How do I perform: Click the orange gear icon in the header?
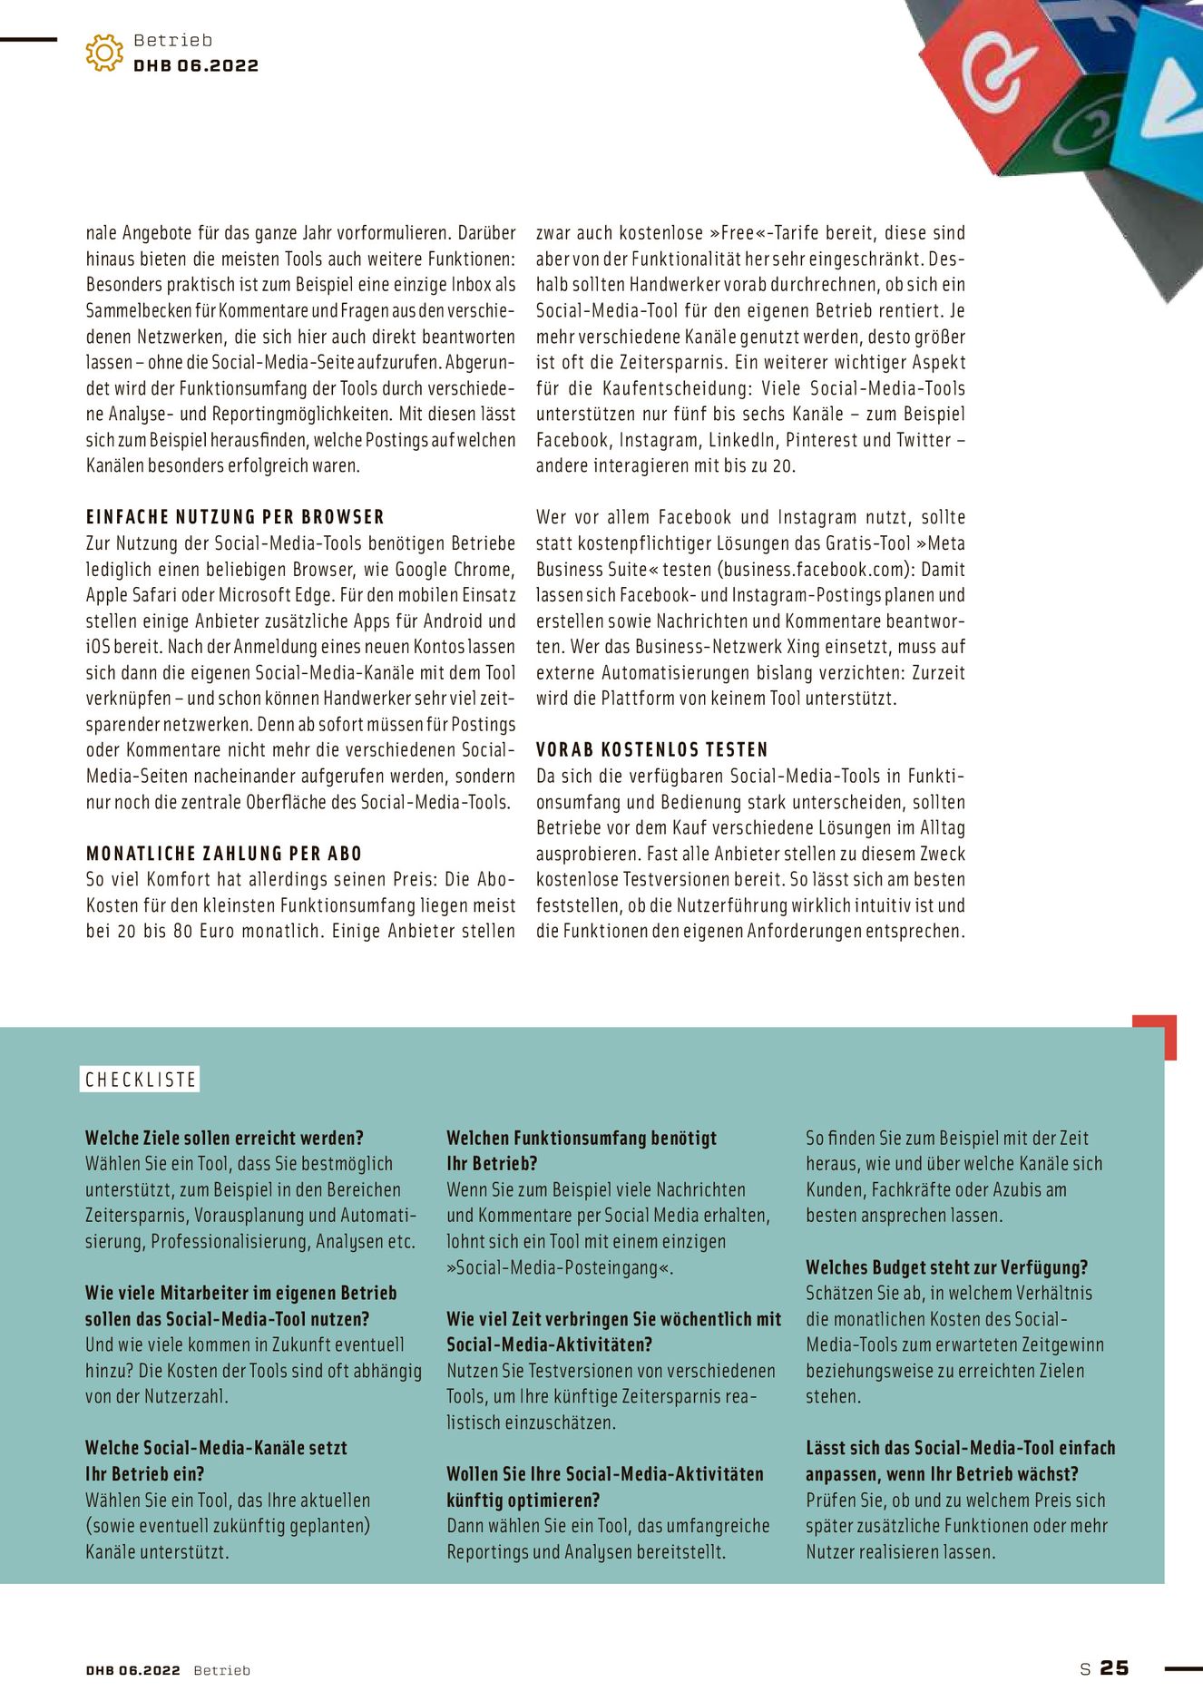point(104,53)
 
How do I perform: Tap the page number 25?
point(1114,1667)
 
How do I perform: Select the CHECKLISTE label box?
point(140,1080)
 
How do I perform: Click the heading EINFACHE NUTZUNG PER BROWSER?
point(235,517)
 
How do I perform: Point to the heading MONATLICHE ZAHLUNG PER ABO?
point(224,854)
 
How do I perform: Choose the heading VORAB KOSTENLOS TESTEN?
point(651,750)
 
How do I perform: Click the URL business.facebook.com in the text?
point(816,570)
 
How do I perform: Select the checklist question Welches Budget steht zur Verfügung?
point(946,1267)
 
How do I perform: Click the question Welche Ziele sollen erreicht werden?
point(224,1138)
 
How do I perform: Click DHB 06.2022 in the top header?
point(196,65)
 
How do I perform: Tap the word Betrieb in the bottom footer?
point(221,1670)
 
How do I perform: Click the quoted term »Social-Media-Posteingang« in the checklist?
point(560,1267)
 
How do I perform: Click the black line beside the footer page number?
point(1182,1667)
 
